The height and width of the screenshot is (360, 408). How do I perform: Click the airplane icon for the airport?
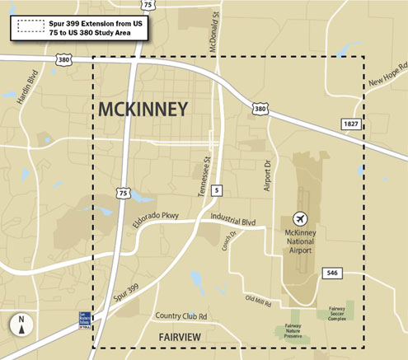pyautogui.click(x=299, y=217)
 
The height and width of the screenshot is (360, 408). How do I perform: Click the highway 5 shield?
pyautogui.click(x=216, y=191)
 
